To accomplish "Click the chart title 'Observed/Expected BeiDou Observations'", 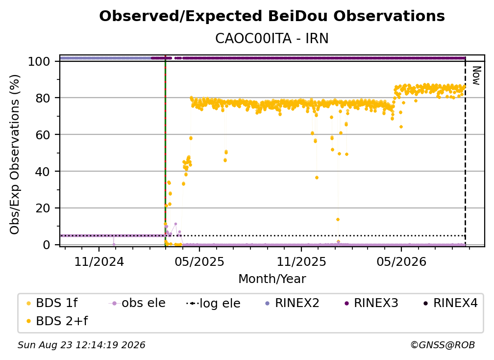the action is tap(272, 16).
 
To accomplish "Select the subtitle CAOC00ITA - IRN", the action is tap(272, 38).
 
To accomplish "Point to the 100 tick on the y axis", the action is tap(39, 61).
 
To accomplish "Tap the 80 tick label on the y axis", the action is tap(43, 98).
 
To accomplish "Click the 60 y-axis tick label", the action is tap(43, 135).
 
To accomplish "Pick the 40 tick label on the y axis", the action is tap(43, 172).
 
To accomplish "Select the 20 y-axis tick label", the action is tap(43, 208).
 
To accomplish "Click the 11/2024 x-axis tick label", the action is tap(99, 261).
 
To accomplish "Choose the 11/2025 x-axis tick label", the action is tap(301, 261).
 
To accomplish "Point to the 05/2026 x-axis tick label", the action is tap(401, 261).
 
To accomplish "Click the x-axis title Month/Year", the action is tap(272, 279).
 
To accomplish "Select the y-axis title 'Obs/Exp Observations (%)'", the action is tap(15, 154).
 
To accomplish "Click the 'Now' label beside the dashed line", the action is tap(476, 76).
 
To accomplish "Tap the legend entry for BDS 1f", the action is tap(52, 303).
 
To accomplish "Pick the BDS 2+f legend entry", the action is tap(57, 321).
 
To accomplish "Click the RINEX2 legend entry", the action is tap(293, 303).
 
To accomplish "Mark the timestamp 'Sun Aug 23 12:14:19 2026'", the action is tap(81, 345).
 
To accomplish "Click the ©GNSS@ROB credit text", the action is tap(443, 345).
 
